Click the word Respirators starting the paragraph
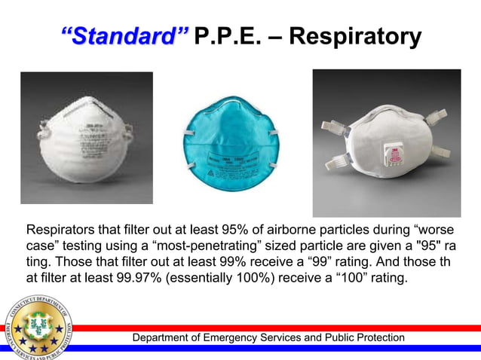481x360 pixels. point(65,229)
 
